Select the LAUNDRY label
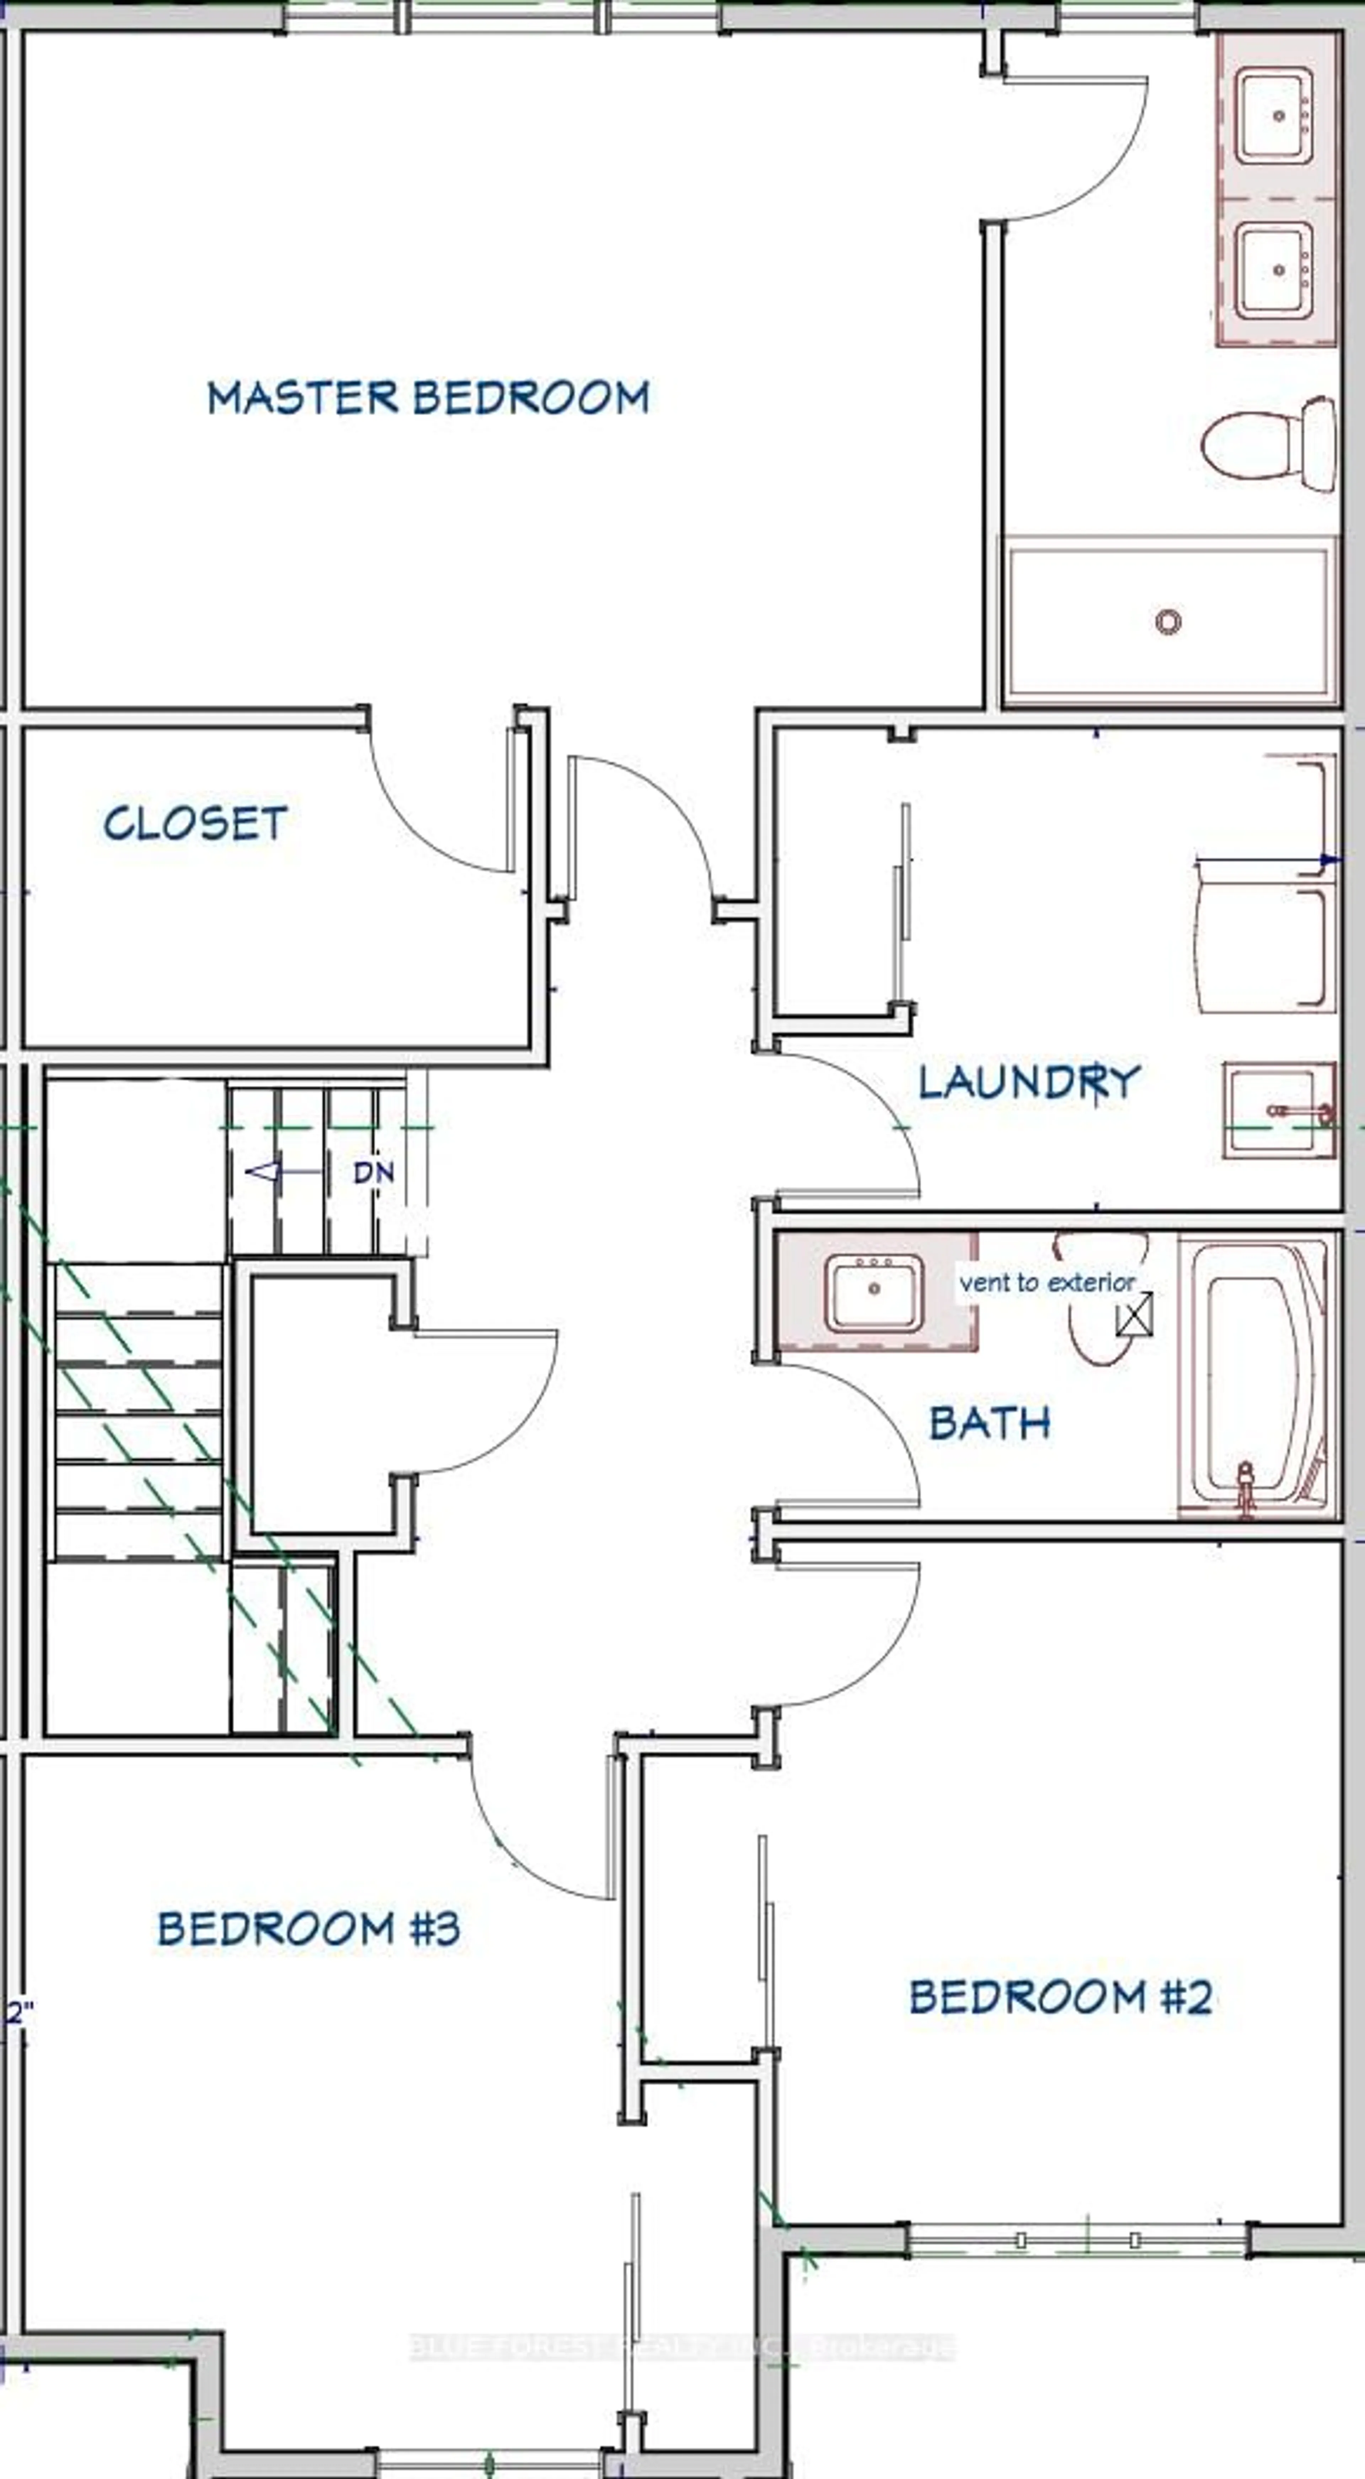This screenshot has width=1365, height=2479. tap(1028, 1082)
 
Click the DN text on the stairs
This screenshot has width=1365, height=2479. tap(374, 1172)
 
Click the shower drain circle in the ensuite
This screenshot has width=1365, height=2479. tap(1168, 622)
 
